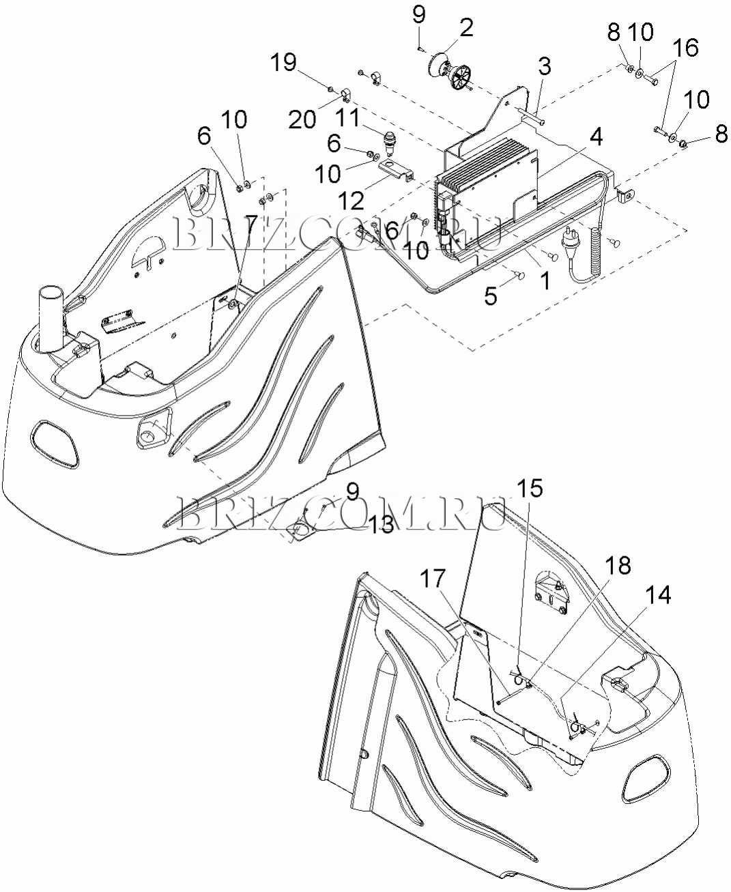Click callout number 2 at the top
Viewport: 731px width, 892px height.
pos(466,28)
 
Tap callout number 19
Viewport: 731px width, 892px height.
pos(283,63)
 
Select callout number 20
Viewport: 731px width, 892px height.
pos(302,119)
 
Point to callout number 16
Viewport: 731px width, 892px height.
pos(687,48)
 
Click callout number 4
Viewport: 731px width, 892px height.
pos(596,136)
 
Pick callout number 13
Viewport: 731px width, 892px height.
pos(382,524)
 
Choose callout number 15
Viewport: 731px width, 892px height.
pos(529,489)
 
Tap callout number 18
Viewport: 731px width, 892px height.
pos(618,566)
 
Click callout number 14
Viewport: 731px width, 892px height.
pos(658,595)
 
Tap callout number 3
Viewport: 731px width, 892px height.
pos(544,67)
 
